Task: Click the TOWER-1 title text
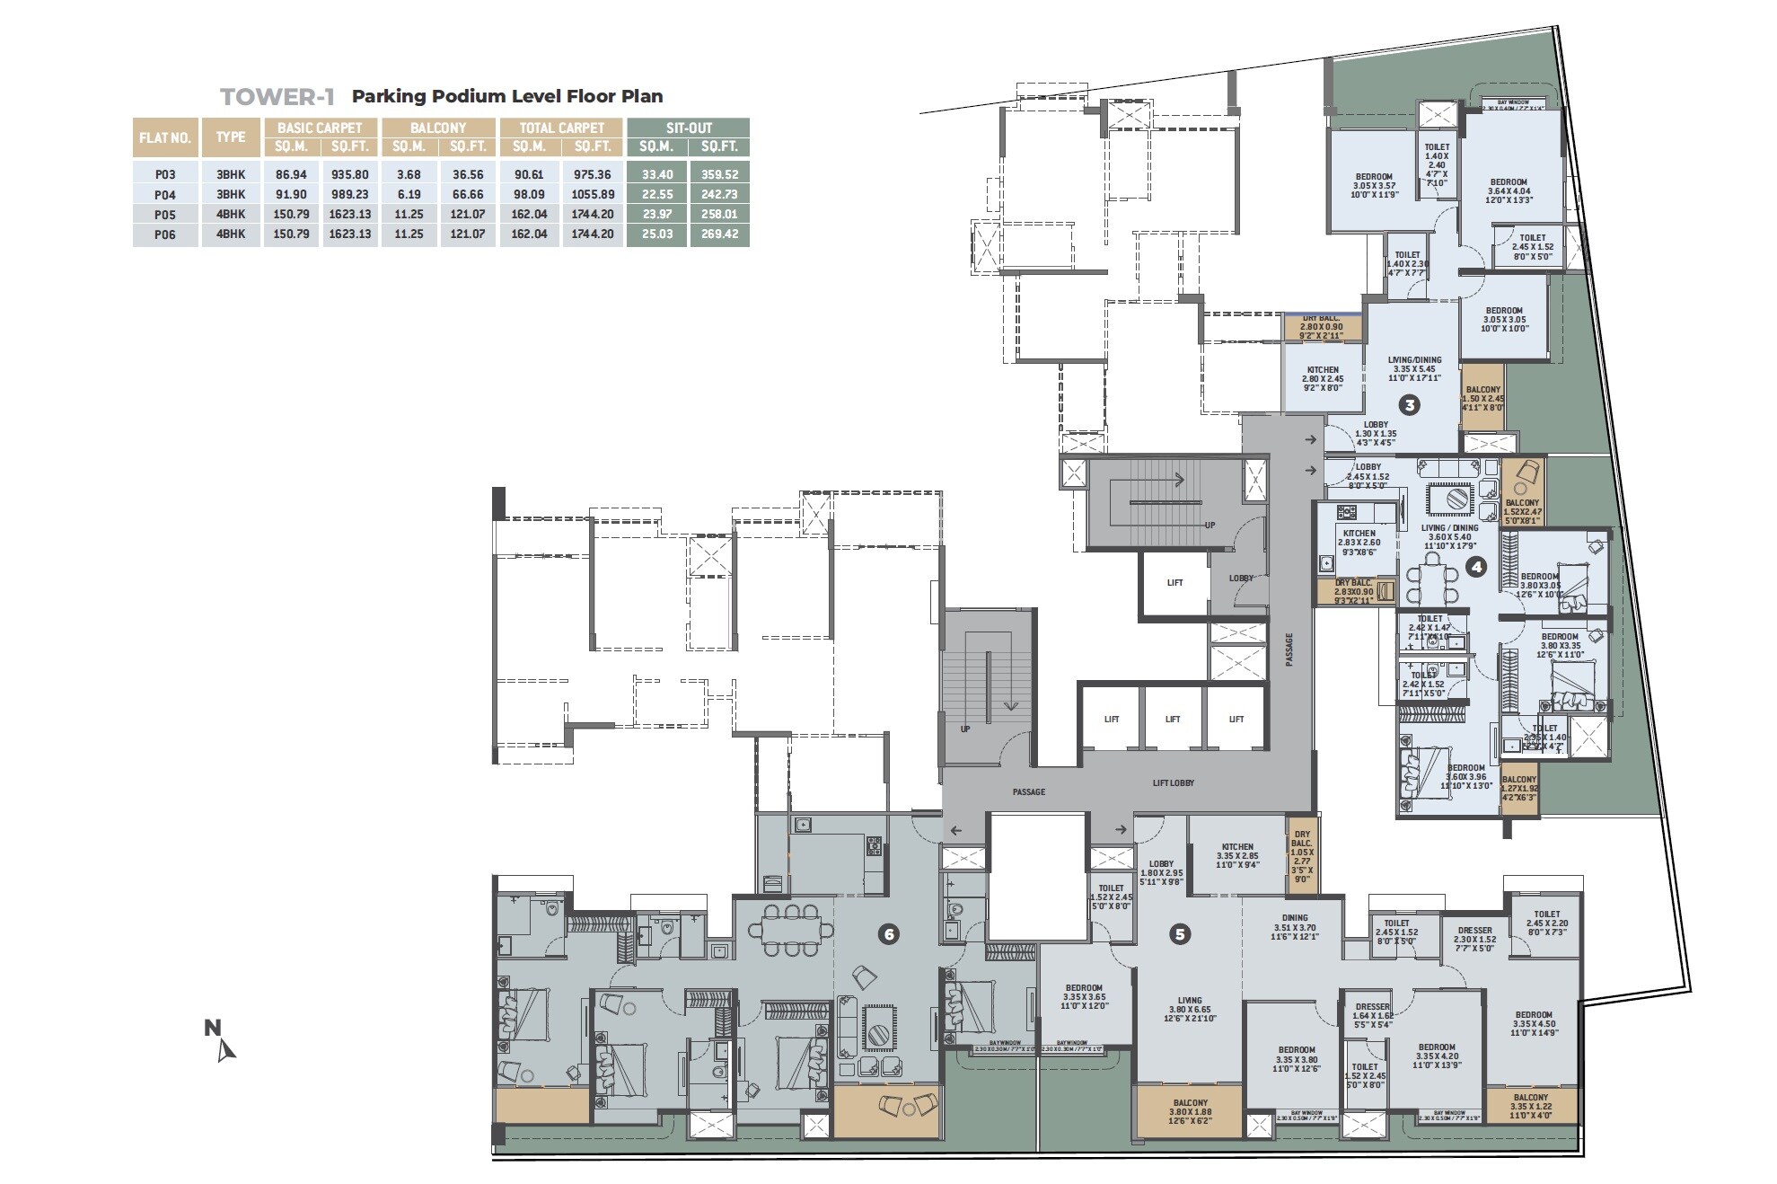277,96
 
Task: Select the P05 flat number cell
164,215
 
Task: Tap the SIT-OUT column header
688,128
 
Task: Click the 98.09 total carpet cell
529,195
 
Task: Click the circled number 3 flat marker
1410,405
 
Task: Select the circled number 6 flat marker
888,934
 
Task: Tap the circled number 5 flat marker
1180,934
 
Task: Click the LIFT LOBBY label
1174,783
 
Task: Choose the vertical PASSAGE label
1289,649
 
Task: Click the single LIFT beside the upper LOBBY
1174,582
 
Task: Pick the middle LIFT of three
1173,719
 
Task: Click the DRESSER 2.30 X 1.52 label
1474,939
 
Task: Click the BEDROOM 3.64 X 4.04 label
1509,190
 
